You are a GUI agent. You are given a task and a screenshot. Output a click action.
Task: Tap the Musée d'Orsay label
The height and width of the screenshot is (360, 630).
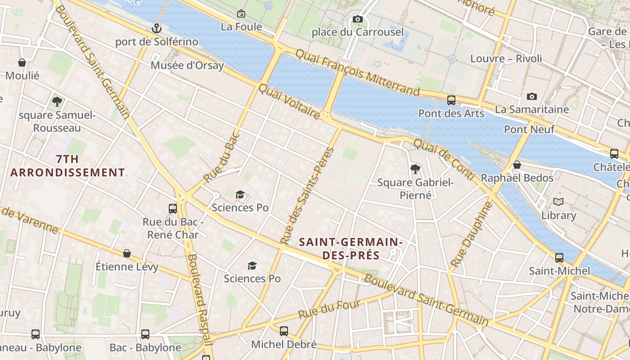click(187, 65)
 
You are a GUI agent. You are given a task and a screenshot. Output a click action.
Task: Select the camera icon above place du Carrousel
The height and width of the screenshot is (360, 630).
click(358, 19)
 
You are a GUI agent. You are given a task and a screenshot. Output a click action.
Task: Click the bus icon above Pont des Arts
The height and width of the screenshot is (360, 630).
click(451, 100)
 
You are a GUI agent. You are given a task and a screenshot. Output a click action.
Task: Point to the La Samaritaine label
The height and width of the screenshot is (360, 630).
click(532, 109)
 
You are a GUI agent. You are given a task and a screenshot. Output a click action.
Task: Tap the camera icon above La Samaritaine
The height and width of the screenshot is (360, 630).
click(532, 96)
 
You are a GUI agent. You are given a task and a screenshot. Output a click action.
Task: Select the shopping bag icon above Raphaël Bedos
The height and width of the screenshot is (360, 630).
click(517, 165)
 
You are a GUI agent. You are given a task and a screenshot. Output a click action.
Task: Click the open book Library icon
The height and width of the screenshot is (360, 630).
click(558, 202)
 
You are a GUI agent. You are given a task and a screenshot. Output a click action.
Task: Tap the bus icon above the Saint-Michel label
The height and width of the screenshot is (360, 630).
click(559, 258)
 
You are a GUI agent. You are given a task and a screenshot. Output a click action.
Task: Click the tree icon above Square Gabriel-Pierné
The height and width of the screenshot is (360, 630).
click(415, 169)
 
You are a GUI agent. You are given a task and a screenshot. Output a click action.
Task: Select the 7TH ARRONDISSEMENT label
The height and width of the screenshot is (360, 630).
click(67, 166)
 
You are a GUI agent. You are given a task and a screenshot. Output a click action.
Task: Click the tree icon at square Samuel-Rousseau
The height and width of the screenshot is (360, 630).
click(57, 102)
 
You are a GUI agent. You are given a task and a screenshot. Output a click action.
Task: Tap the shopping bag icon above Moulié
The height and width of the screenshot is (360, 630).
click(22, 63)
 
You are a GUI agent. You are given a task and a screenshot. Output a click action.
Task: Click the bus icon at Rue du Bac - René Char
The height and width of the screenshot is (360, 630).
click(173, 208)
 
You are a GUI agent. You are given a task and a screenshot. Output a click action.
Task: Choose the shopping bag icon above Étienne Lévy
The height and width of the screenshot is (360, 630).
click(127, 253)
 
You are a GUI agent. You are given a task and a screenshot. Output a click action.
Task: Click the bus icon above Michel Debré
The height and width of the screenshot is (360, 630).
click(283, 331)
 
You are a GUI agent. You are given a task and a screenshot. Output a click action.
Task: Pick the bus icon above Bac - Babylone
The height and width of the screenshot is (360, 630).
click(145, 334)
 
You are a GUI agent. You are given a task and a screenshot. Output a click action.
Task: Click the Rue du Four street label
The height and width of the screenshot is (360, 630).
click(329, 310)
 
